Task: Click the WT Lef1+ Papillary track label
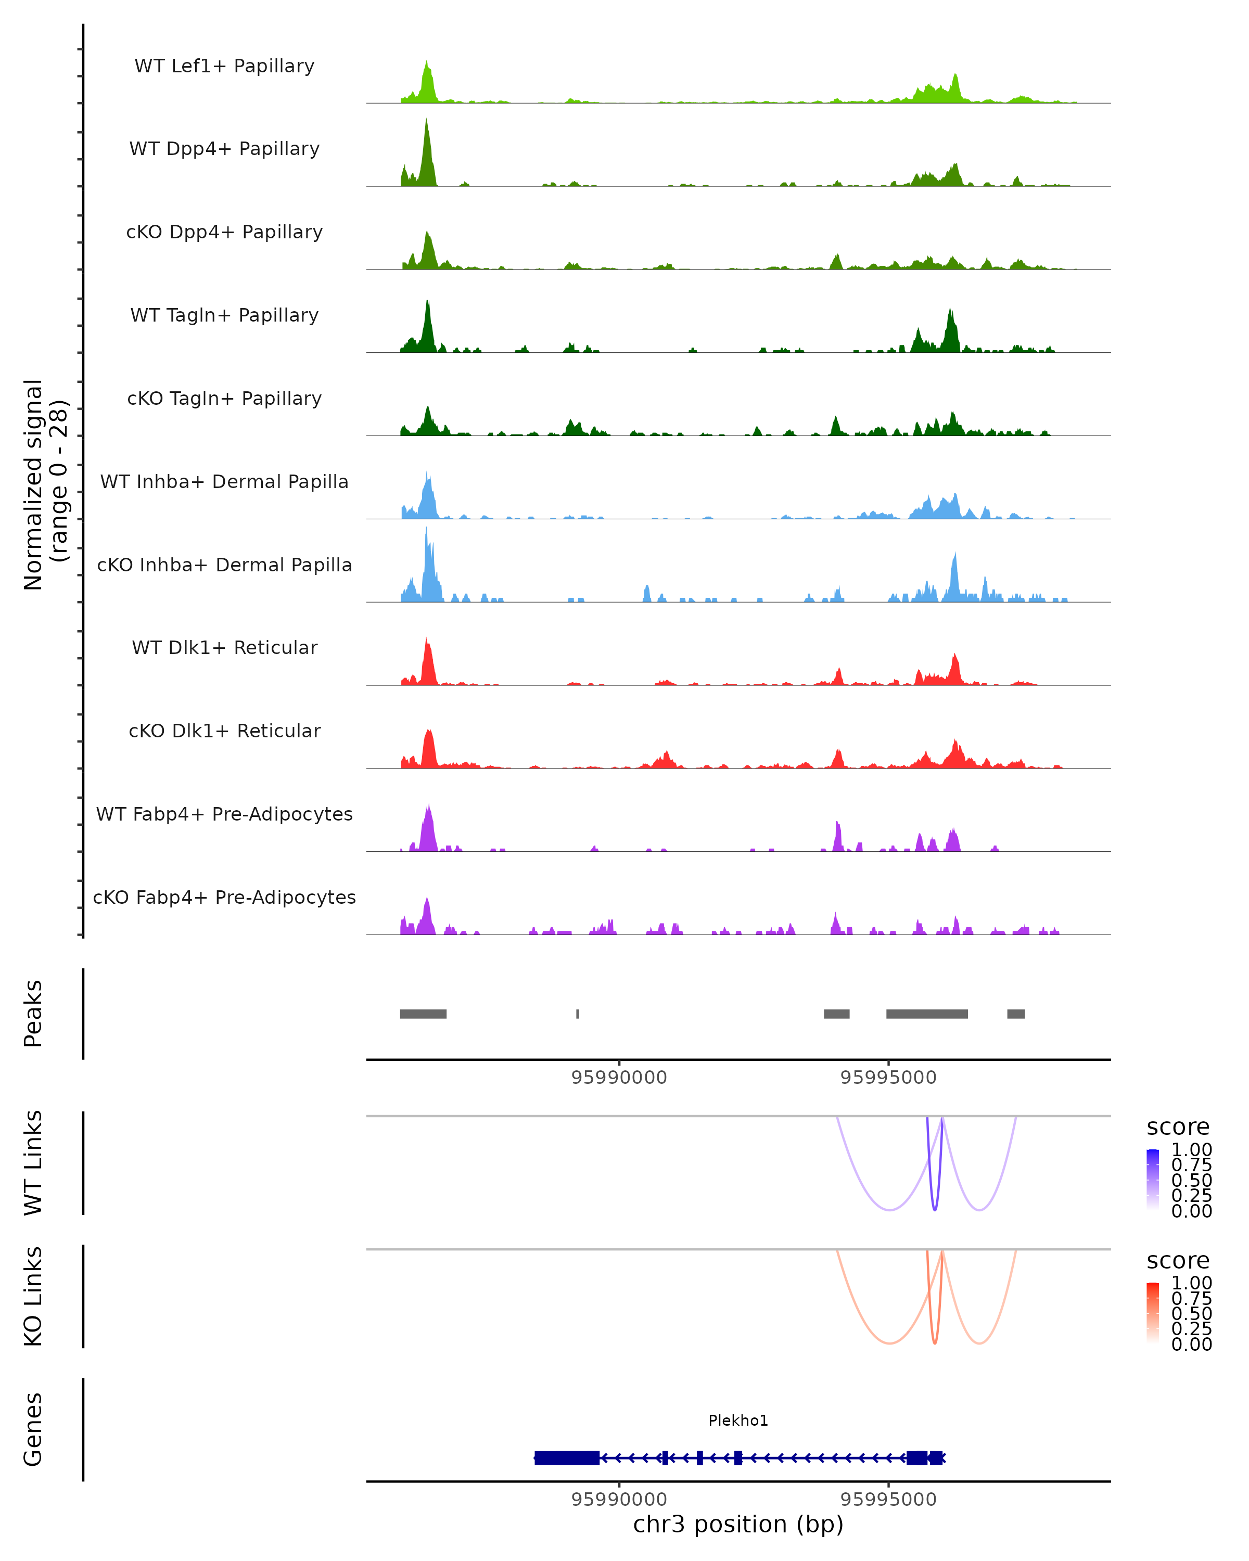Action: [224, 66]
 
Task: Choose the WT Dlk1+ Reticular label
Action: [224, 647]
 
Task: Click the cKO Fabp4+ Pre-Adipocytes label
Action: [224, 897]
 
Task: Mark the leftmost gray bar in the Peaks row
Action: [423, 1014]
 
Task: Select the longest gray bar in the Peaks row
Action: [927, 1014]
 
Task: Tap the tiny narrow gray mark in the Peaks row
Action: [577, 1014]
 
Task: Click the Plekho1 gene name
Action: [738, 1421]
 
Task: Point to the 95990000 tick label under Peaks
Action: [619, 1078]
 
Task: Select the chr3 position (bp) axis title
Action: [738, 1525]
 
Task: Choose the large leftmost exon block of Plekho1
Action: [567, 1457]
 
